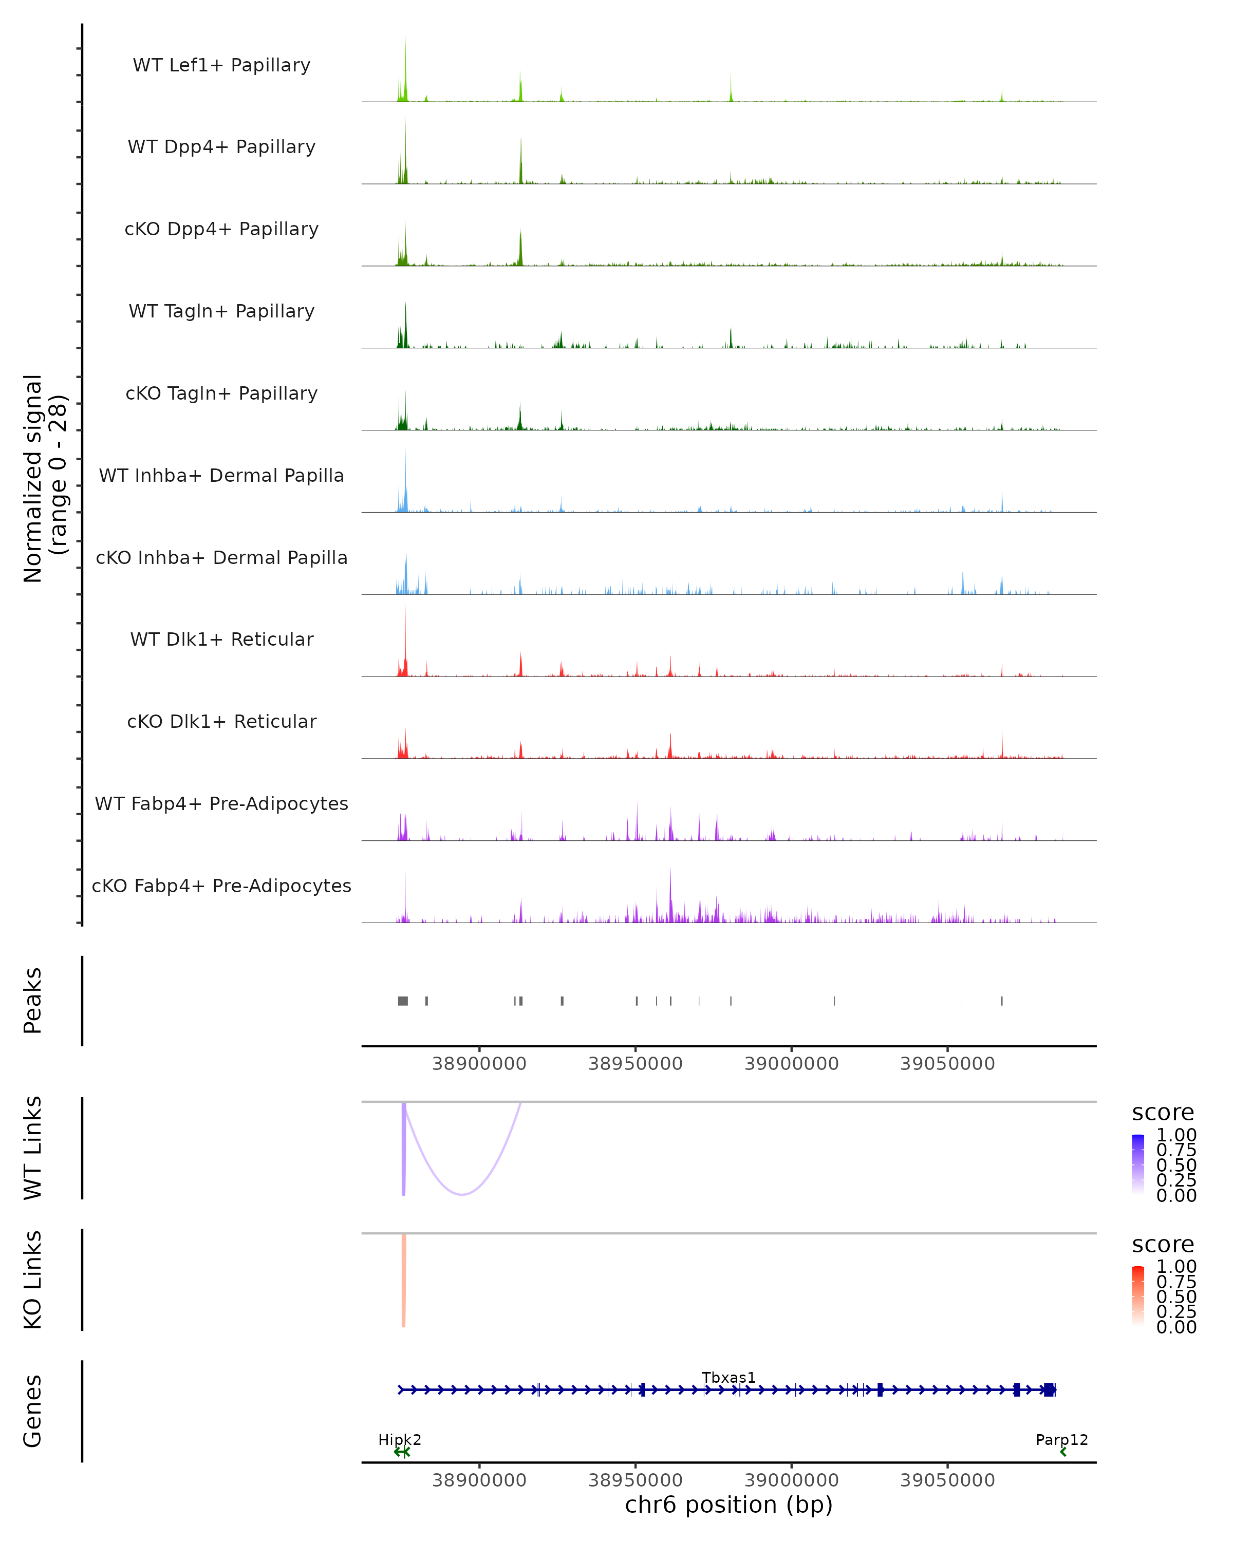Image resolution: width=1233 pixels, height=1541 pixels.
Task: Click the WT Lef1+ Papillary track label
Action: tap(221, 65)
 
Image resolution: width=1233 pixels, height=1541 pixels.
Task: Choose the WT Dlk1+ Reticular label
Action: tap(221, 639)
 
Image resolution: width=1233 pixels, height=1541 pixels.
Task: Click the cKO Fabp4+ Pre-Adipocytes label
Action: tap(221, 886)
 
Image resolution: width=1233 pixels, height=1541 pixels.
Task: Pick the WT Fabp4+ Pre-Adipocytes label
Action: tap(221, 803)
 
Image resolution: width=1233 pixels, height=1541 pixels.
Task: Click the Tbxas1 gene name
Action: tap(728, 1377)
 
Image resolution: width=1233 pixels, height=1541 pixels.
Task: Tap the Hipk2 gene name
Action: tap(400, 1439)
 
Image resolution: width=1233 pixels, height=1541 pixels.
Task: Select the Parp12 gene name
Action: tap(1061, 1439)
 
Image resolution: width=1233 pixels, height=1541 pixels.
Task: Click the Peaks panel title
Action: tap(33, 1001)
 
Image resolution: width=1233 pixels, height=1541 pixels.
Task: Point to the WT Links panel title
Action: tap(33, 1148)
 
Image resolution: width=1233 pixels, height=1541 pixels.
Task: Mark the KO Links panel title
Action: tap(33, 1280)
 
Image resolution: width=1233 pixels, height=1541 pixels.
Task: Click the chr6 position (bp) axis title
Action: tap(728, 1505)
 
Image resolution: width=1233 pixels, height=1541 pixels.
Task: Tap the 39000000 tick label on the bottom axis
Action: tap(791, 1479)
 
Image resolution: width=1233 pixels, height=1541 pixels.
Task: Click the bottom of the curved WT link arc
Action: tap(462, 1194)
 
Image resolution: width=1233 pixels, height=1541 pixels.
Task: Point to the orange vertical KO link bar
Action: tap(404, 1280)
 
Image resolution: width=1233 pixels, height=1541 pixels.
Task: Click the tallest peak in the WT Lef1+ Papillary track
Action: tap(405, 42)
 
